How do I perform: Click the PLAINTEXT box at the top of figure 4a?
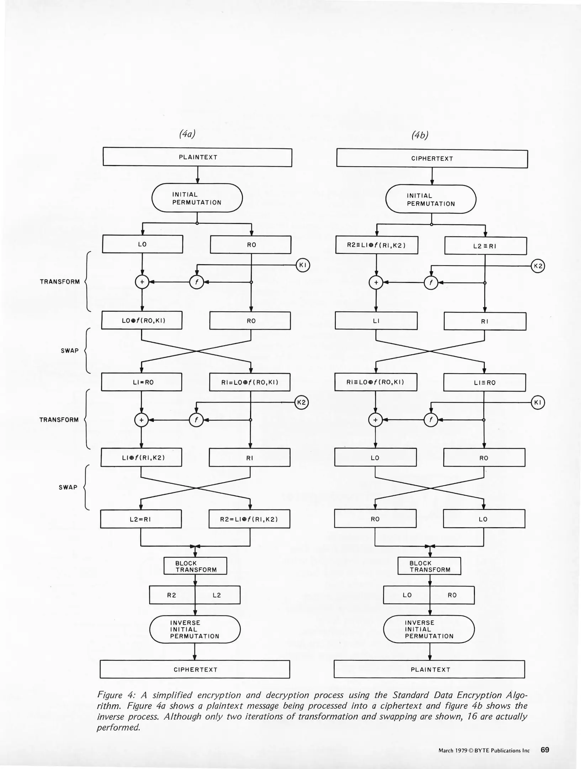(197, 157)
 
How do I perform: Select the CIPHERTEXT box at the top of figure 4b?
(432, 158)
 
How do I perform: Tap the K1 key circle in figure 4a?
(303, 265)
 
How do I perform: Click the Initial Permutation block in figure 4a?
(197, 198)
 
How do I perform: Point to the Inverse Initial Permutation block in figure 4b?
(429, 629)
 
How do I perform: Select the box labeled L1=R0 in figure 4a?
(142, 382)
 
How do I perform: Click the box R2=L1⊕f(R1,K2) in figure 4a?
(249, 519)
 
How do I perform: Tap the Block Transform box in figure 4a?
(195, 566)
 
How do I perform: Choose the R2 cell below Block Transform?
(172, 595)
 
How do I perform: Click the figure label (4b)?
(420, 135)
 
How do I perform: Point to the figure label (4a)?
(187, 134)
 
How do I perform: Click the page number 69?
(545, 750)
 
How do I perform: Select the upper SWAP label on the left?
(70, 351)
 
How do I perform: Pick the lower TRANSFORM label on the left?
(59, 420)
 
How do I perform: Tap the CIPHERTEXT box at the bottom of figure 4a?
(195, 669)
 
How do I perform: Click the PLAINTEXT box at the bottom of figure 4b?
(429, 669)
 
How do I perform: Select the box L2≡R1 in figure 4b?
(485, 246)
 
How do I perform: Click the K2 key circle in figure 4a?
(301, 402)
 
